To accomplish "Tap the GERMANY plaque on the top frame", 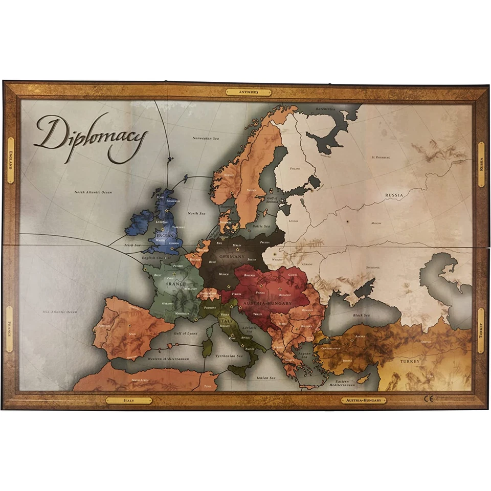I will pyautogui.click(x=248, y=92).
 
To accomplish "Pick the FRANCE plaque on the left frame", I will pyautogui.click(x=10, y=329).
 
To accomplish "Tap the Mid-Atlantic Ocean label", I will pyautogui.click(x=60, y=311).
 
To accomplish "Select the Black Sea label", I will pyautogui.click(x=361, y=316).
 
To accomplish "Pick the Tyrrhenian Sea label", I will pyautogui.click(x=229, y=355).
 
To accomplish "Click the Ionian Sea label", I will pyautogui.click(x=265, y=378).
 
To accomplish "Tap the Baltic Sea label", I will pyautogui.click(x=260, y=226).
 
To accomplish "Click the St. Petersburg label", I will pyautogui.click(x=381, y=157).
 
